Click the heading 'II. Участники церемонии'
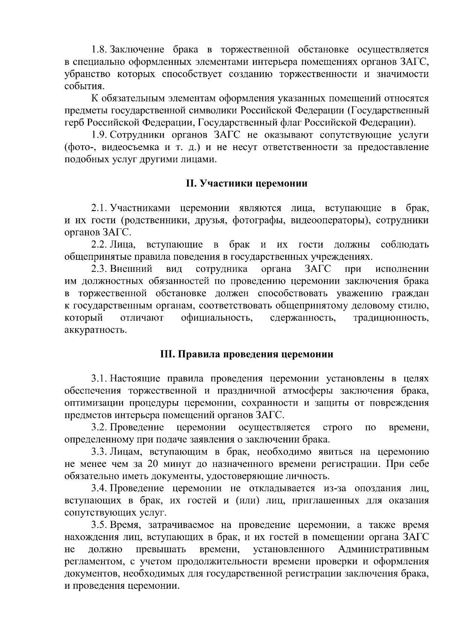point(247,183)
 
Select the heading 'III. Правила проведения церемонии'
point(247,354)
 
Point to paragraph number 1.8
point(99,50)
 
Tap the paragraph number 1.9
point(99,135)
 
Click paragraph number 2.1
point(99,208)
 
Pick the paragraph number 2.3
point(99,269)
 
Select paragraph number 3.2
point(99,427)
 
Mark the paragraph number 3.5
point(99,525)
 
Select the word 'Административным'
point(383,549)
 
